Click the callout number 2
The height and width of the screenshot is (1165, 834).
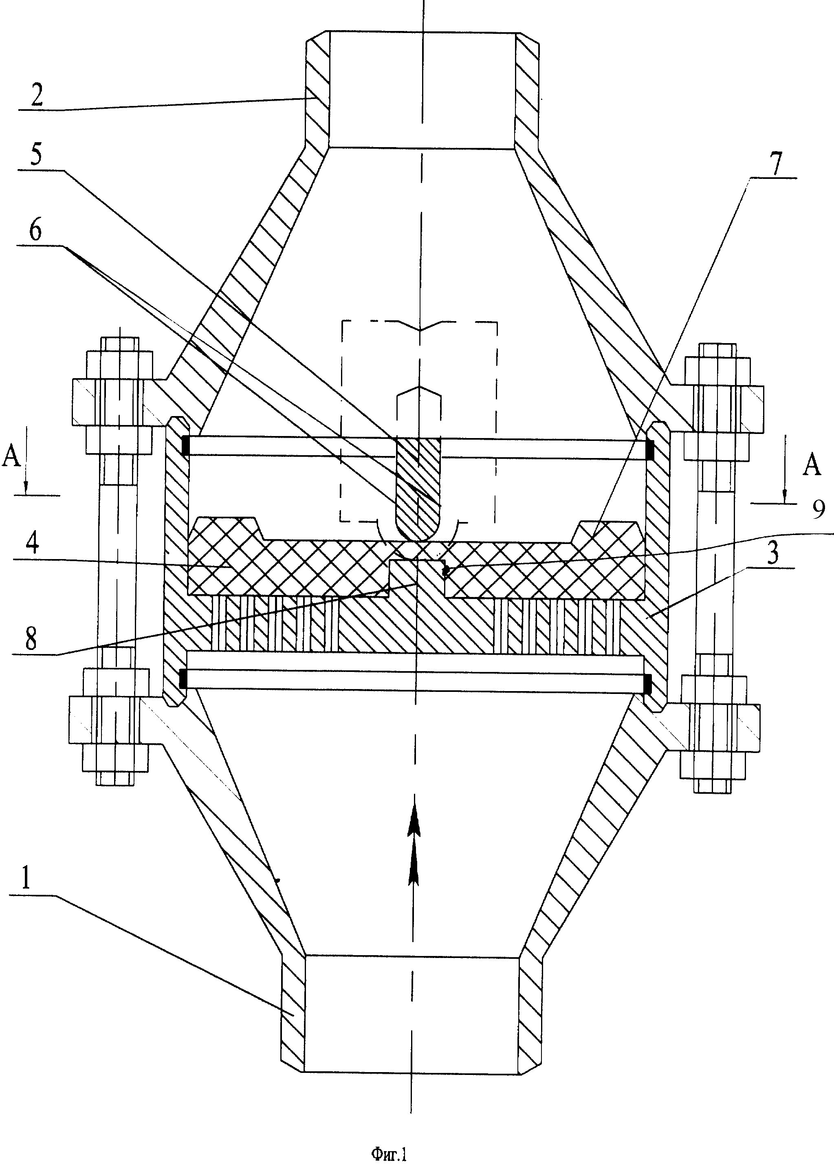click(37, 95)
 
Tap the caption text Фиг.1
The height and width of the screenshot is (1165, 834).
click(388, 1151)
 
